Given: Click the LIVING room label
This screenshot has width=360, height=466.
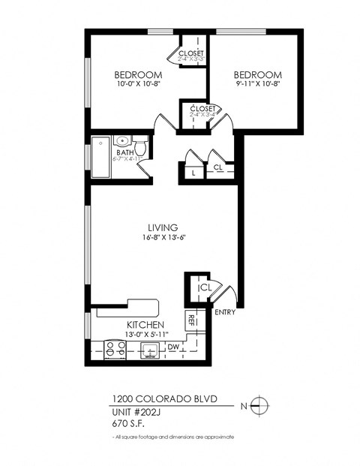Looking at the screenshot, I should (x=162, y=227).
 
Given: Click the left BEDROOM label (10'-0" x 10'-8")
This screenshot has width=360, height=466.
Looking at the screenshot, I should (x=138, y=74).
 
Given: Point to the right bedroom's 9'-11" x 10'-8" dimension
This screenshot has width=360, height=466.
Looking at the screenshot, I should (x=257, y=84).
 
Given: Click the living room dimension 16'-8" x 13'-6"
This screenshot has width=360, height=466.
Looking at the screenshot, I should (x=162, y=237).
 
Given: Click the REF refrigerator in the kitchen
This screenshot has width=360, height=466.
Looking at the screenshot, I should (x=192, y=319).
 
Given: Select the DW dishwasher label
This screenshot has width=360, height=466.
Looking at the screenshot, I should (x=172, y=347).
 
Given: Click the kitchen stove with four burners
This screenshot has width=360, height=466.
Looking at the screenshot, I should (x=114, y=348).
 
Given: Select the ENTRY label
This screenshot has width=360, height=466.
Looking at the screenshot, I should (x=224, y=311).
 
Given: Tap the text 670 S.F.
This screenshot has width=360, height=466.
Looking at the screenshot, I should (x=127, y=422).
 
